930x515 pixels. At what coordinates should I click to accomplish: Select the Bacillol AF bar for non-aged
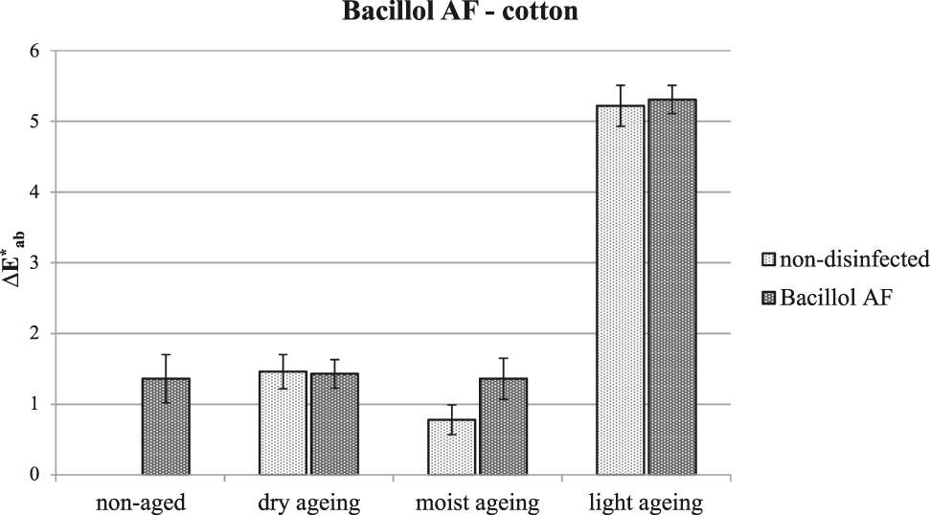pos(166,426)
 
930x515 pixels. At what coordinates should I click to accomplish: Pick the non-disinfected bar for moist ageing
pos(451,446)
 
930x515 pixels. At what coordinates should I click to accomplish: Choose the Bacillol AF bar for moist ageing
pos(503,426)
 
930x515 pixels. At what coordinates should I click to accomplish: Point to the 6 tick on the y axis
pos(39,51)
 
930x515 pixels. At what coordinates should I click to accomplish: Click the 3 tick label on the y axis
pos(39,263)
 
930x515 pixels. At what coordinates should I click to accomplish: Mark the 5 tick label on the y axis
pos(39,122)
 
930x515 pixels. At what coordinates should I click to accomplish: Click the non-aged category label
pos(140,502)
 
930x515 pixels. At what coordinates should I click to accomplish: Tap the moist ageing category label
pos(478,502)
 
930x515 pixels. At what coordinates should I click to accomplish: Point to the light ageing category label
pos(646,502)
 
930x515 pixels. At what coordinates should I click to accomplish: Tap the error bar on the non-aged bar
pos(166,378)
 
